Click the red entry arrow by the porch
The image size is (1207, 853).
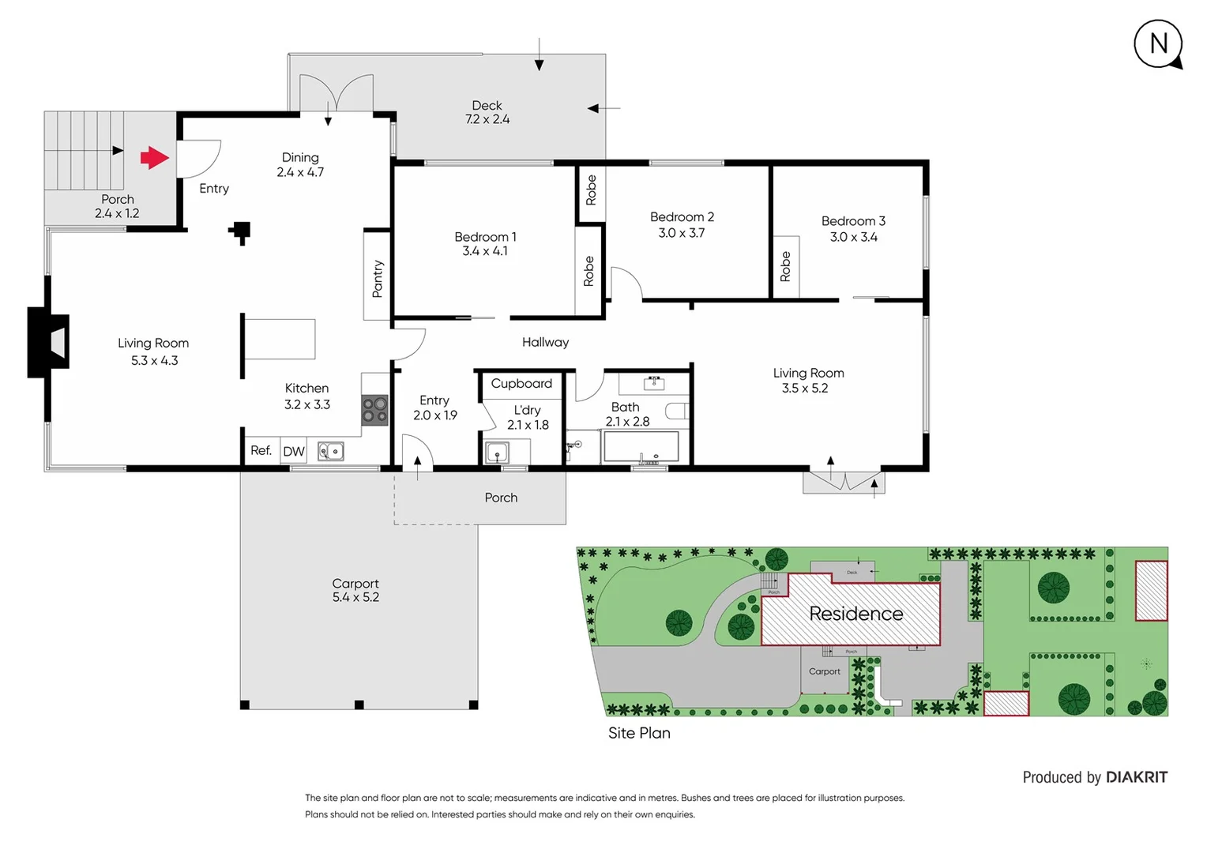pos(155,157)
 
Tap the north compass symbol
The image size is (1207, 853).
pos(1158,44)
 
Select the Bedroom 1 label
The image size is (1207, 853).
pos(485,243)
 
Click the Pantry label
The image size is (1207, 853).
pos(378,279)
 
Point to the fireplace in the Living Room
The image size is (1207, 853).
pos(49,342)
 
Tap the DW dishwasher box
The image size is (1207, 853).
pos(294,451)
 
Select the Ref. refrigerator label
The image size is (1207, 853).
pos(261,450)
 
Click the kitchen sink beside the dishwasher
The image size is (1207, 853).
pos(331,451)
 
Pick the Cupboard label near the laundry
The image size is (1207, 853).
pos(521,383)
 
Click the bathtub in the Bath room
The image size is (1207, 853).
pos(641,447)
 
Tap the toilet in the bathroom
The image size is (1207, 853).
pos(677,411)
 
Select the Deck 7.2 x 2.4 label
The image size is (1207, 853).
pos(487,112)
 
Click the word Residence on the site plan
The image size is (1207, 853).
pos(855,614)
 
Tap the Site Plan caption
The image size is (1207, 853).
pos(639,733)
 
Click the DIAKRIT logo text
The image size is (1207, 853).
pos(1136,777)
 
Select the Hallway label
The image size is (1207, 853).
pos(545,342)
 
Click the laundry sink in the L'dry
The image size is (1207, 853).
pos(497,453)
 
